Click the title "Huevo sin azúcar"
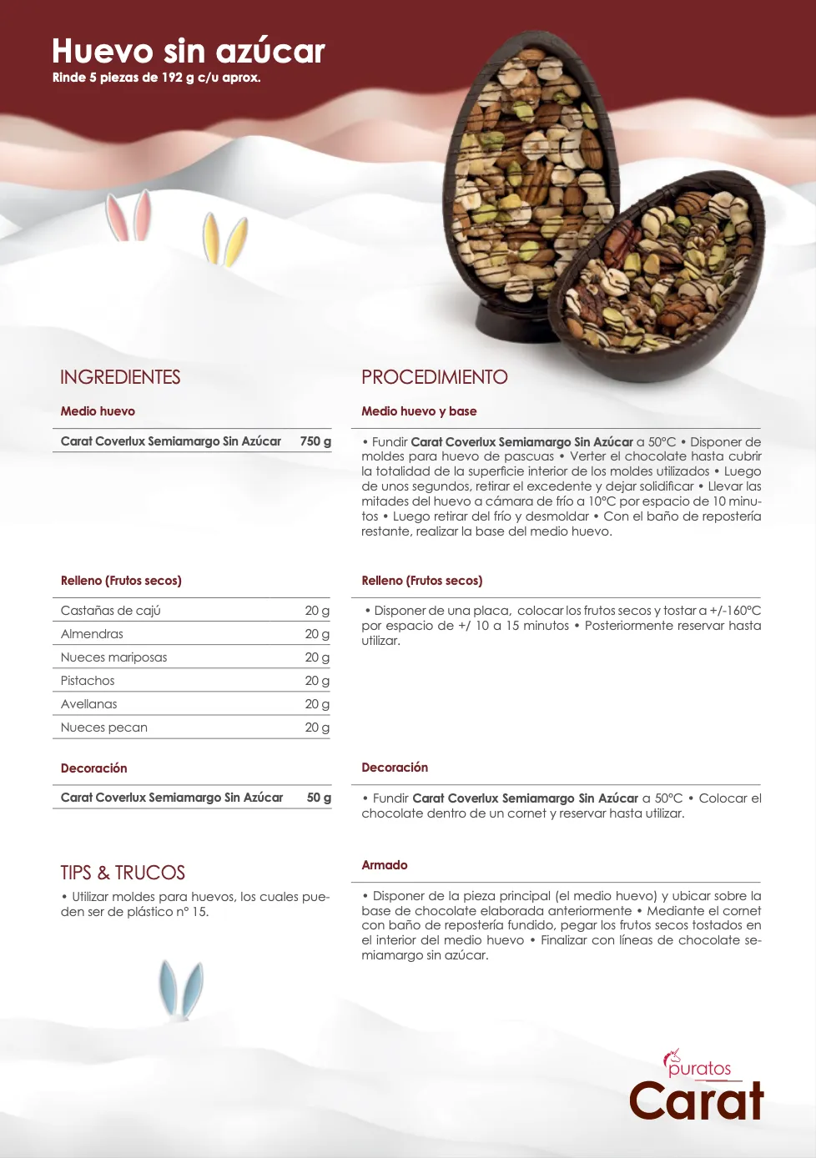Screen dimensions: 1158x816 pyautogui.click(x=188, y=51)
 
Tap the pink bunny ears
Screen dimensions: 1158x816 pyautogui.click(x=129, y=215)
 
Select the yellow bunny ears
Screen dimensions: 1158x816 pyautogui.click(x=224, y=239)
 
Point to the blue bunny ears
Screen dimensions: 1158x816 pyautogui.click(x=181, y=989)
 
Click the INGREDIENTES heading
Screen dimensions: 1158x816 pyautogui.click(x=120, y=377)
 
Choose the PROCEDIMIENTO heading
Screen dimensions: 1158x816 pyautogui.click(x=434, y=377)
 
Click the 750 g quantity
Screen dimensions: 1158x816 pyautogui.click(x=315, y=441)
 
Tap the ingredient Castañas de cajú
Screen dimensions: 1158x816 pyautogui.click(x=110, y=611)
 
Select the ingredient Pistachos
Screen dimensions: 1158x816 pyautogui.click(x=88, y=681)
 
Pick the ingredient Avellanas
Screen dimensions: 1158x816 pyautogui.click(x=88, y=704)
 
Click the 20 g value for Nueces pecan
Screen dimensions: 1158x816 pyautogui.click(x=317, y=728)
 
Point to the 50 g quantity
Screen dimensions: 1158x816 pyautogui.click(x=319, y=798)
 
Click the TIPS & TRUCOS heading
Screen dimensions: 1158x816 pyautogui.click(x=123, y=873)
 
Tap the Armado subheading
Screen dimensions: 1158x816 pyautogui.click(x=384, y=865)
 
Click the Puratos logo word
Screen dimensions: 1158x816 pyautogui.click(x=699, y=1069)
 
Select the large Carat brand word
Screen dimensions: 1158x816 pyautogui.click(x=696, y=1101)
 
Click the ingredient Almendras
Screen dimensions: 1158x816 pyautogui.click(x=92, y=634)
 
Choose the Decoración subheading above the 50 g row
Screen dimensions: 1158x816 pyautogui.click(x=93, y=768)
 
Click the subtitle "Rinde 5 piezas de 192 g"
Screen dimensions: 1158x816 pyautogui.click(x=156, y=78)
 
